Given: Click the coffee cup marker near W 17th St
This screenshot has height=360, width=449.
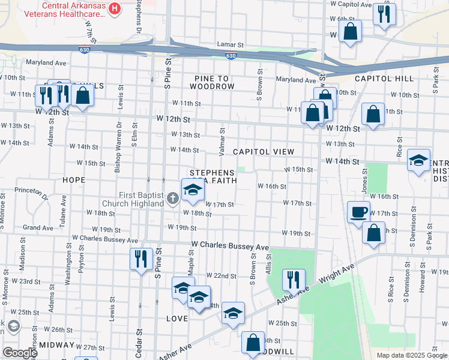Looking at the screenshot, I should tap(358, 212).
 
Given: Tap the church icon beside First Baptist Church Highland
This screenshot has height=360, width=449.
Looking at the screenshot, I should tap(172, 197).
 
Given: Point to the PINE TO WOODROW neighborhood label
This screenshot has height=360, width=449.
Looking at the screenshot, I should tap(214, 83).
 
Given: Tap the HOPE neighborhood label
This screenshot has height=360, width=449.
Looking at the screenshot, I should tap(73, 179).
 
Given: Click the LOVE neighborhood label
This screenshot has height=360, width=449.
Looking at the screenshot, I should tap(177, 318).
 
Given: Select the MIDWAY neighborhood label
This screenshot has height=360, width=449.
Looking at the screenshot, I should tap(58, 346).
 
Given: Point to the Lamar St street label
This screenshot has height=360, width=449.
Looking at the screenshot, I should tap(231, 45).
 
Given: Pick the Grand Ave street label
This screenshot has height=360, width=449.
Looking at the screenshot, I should tap(38, 228).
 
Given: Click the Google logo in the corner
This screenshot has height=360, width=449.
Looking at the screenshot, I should tap(20, 352).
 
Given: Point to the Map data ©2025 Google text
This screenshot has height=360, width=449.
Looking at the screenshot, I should tap(411, 355).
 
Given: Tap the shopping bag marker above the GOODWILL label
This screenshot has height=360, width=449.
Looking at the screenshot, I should tap(253, 343).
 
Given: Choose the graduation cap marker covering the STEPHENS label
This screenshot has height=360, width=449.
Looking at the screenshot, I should tap(193, 191).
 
